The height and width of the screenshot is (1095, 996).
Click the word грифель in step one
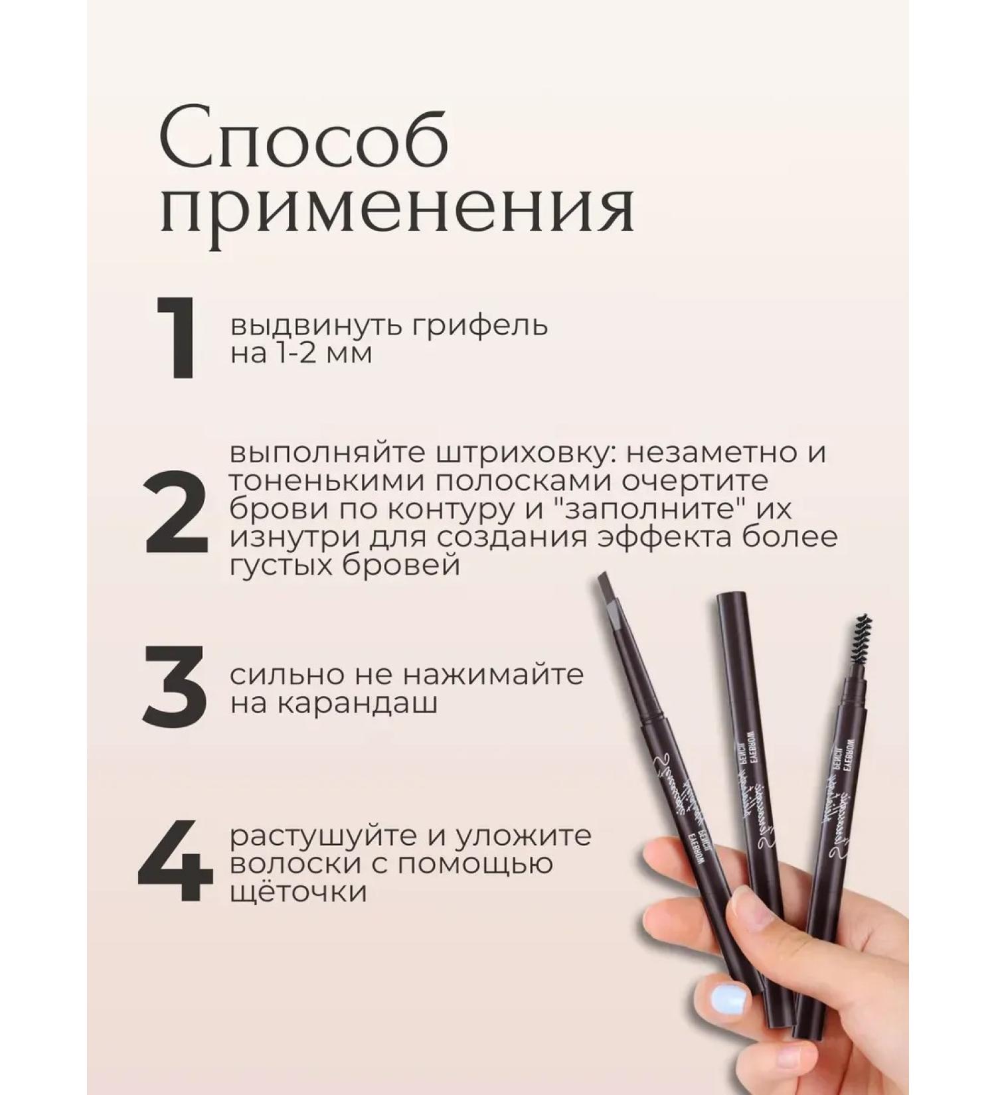pos(483,327)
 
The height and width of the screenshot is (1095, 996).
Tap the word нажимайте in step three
pos(493,675)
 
